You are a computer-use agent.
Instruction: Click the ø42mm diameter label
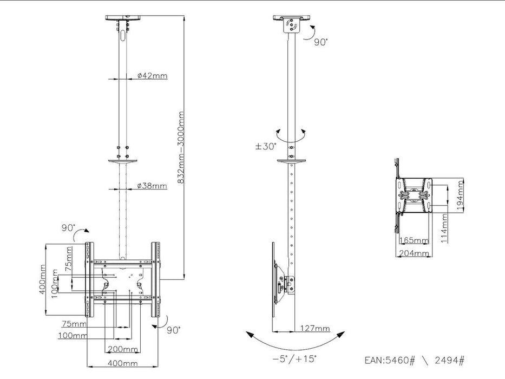[152, 76]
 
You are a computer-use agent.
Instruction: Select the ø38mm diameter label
[152, 186]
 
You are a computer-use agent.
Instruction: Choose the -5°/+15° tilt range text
[294, 358]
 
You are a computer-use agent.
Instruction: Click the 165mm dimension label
[414, 240]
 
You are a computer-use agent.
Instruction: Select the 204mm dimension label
[414, 252]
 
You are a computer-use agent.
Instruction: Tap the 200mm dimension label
[123, 349]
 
